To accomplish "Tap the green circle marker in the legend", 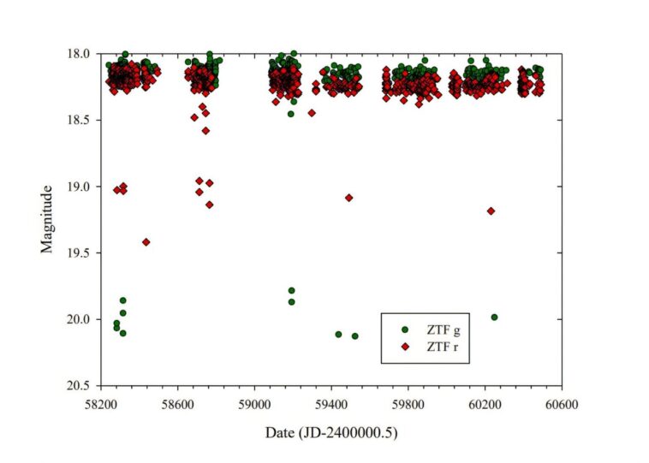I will [404, 329].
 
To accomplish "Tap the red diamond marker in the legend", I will [404, 347].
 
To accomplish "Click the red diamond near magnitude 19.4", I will [146, 242].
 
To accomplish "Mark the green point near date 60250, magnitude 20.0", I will [494, 318].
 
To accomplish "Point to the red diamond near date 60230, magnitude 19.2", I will [491, 211].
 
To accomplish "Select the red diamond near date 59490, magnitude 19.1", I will [348, 198].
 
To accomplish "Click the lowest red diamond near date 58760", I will [209, 205].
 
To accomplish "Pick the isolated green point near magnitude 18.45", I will [291, 114].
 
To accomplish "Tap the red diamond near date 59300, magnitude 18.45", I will [312, 113].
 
